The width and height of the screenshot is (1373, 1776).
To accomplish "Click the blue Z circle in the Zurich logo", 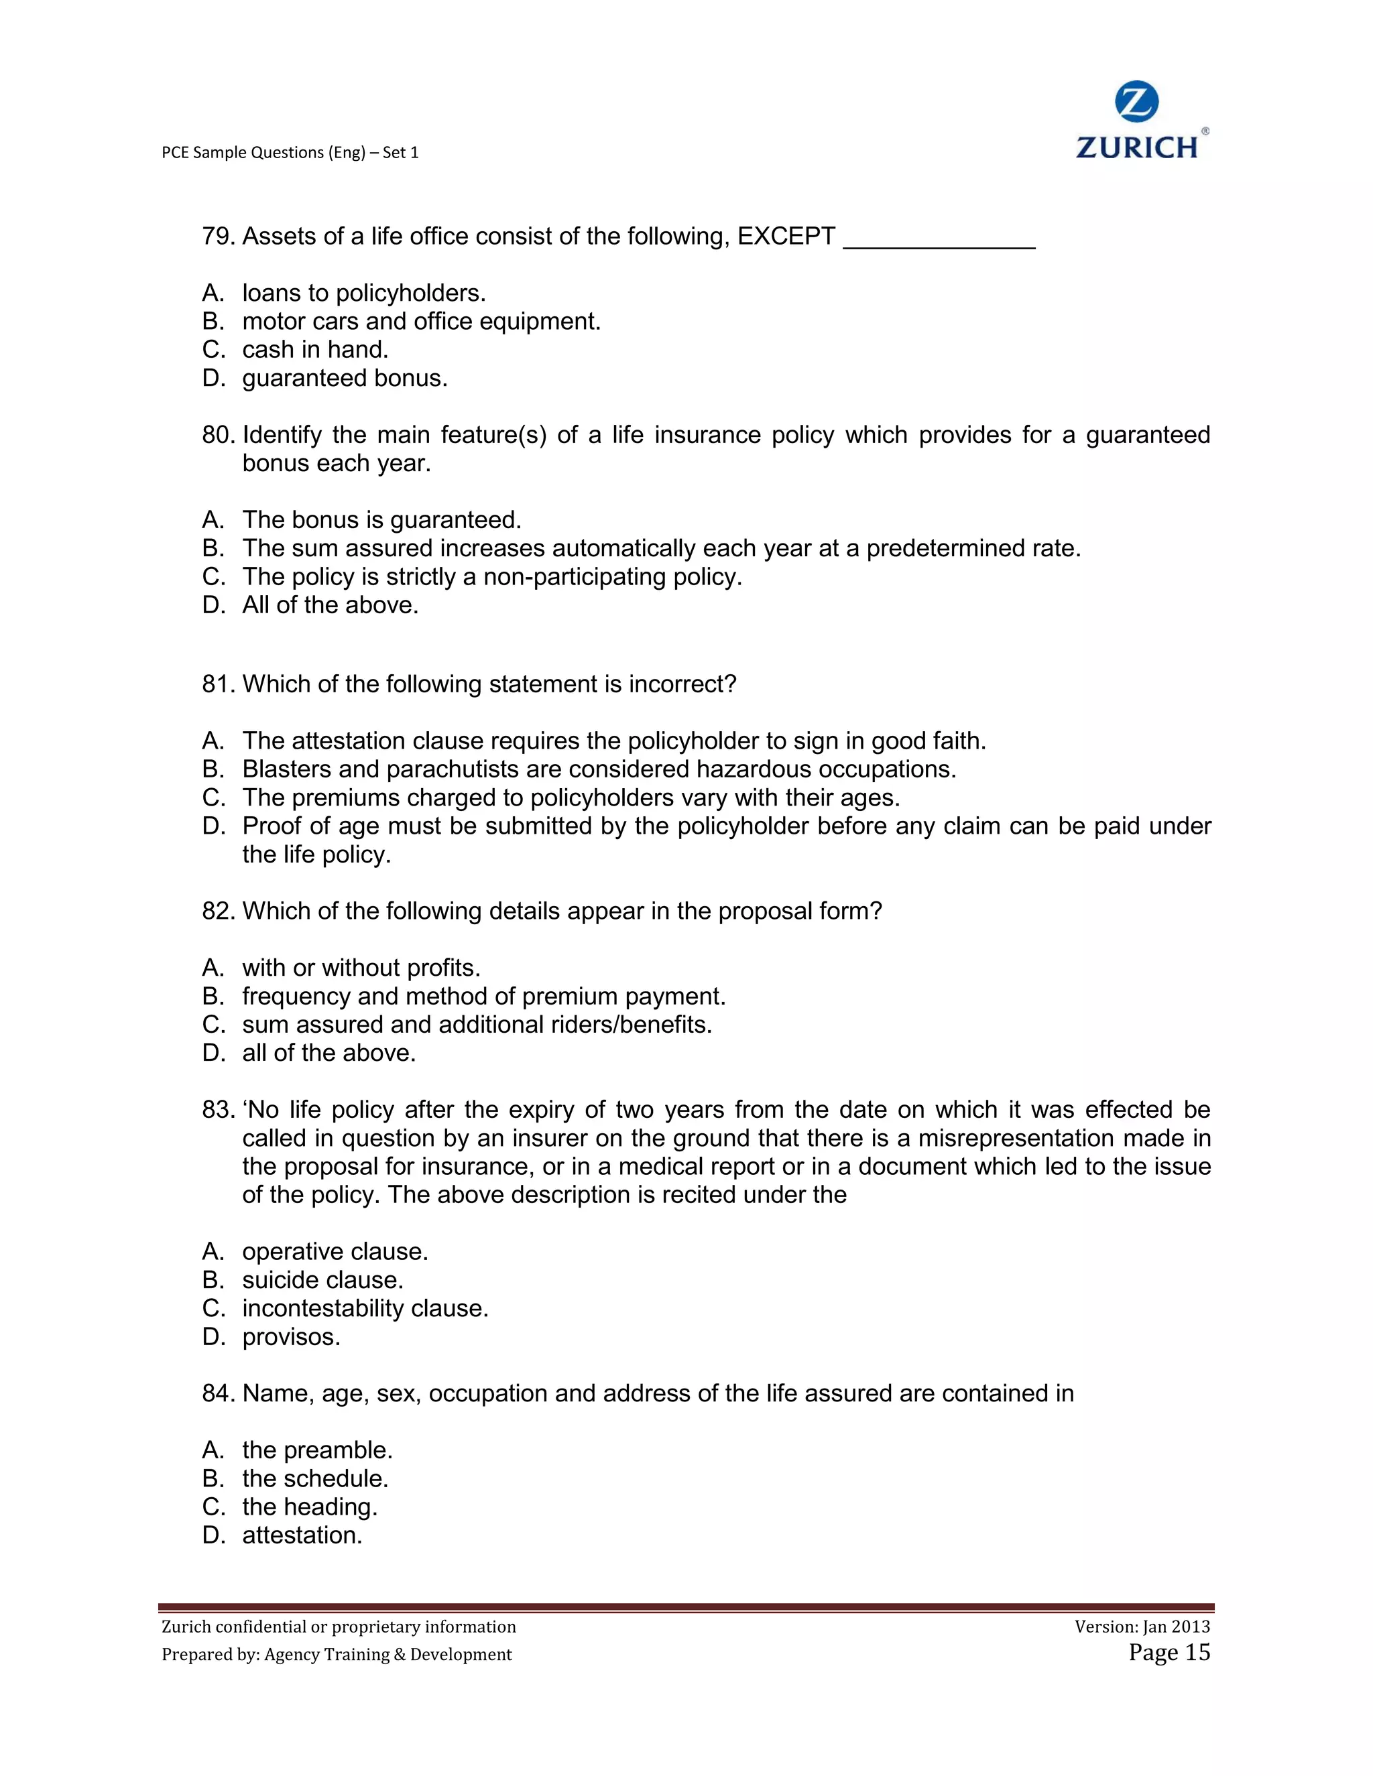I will point(1136,103).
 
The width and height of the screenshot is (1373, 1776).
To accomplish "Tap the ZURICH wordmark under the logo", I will point(1136,148).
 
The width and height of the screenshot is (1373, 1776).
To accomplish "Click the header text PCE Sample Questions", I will point(290,153).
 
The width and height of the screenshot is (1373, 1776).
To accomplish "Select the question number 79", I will point(218,237).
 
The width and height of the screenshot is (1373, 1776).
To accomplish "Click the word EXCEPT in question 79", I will point(786,237).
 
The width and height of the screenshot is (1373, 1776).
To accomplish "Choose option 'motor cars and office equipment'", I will point(420,322).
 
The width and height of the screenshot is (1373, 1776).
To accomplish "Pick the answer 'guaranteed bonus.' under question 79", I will point(345,379).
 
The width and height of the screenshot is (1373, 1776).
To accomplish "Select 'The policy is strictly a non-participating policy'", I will point(491,577).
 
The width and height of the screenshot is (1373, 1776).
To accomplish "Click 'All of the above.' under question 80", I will point(331,606).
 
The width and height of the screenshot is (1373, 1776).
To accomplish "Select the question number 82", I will point(218,911).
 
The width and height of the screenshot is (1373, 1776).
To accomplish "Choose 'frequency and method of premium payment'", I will point(483,997).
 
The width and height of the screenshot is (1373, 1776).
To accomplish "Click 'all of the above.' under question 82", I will point(329,1054).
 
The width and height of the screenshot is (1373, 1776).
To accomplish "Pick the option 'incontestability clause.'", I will point(365,1310).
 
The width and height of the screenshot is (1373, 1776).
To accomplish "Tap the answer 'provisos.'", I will point(291,1338).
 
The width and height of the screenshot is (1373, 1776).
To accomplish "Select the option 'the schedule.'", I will point(315,1479).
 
